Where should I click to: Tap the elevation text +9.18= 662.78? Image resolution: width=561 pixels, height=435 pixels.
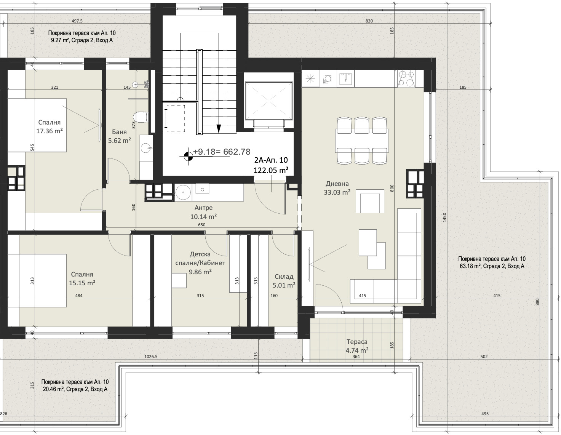point(222,152)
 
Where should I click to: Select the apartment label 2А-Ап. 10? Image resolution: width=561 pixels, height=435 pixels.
point(271,160)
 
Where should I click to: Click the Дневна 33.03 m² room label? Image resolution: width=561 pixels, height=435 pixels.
point(337,188)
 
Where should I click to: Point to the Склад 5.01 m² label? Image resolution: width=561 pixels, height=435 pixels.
point(284,281)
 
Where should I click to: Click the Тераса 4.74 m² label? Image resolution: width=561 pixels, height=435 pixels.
point(357,346)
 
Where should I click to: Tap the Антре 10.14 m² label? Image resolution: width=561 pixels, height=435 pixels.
point(203,212)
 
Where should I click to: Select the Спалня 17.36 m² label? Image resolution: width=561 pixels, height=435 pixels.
point(49,126)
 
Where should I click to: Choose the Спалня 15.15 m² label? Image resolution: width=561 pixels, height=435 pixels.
point(82,278)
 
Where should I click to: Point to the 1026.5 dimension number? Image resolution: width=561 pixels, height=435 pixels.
point(151,357)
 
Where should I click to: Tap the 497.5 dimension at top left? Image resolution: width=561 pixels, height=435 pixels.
point(77,21)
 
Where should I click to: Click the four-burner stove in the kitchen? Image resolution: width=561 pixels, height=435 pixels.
point(406,79)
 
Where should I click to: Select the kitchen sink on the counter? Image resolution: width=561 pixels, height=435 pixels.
point(345,78)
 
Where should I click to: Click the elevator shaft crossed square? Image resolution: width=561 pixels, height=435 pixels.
point(269,101)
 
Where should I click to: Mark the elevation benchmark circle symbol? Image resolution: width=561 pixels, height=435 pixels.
point(188,156)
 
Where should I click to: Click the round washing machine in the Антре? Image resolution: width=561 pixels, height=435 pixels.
point(183,192)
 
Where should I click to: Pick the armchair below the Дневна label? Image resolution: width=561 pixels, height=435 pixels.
point(370,201)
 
